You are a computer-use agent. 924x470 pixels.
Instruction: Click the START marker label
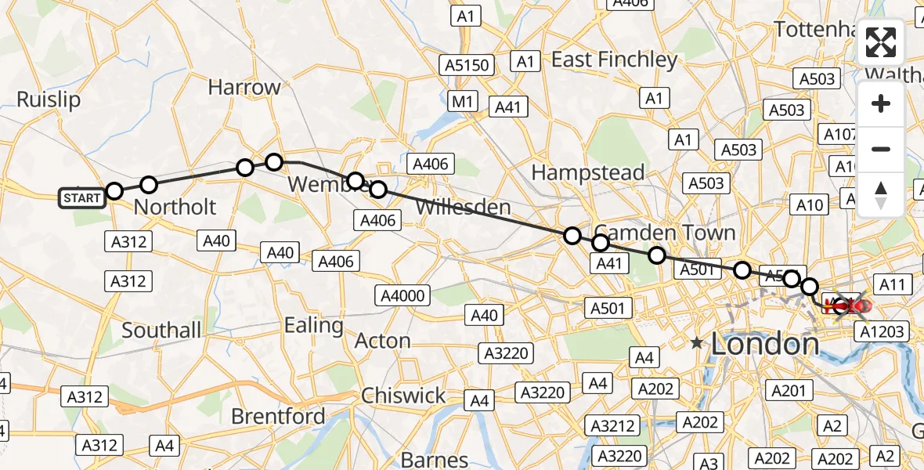(81, 198)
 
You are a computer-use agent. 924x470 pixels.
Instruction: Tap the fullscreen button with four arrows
(881, 42)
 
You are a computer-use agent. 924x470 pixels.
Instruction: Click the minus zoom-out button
(881, 149)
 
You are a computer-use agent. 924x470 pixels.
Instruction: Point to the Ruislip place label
(49, 99)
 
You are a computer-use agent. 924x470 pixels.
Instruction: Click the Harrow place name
(244, 87)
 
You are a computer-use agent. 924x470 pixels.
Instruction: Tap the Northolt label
(175, 207)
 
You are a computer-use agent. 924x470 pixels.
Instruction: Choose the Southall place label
(161, 330)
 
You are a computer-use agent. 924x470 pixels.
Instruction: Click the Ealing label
(314, 324)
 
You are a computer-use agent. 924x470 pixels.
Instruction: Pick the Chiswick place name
(404, 396)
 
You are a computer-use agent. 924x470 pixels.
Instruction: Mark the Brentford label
(278, 416)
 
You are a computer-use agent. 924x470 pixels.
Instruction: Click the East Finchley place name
(615, 60)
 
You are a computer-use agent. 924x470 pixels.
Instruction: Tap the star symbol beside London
(697, 342)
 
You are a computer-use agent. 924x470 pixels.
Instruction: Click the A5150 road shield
(467, 64)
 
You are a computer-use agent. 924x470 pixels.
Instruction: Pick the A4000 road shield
(402, 295)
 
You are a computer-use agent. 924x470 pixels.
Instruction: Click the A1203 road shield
(882, 331)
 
